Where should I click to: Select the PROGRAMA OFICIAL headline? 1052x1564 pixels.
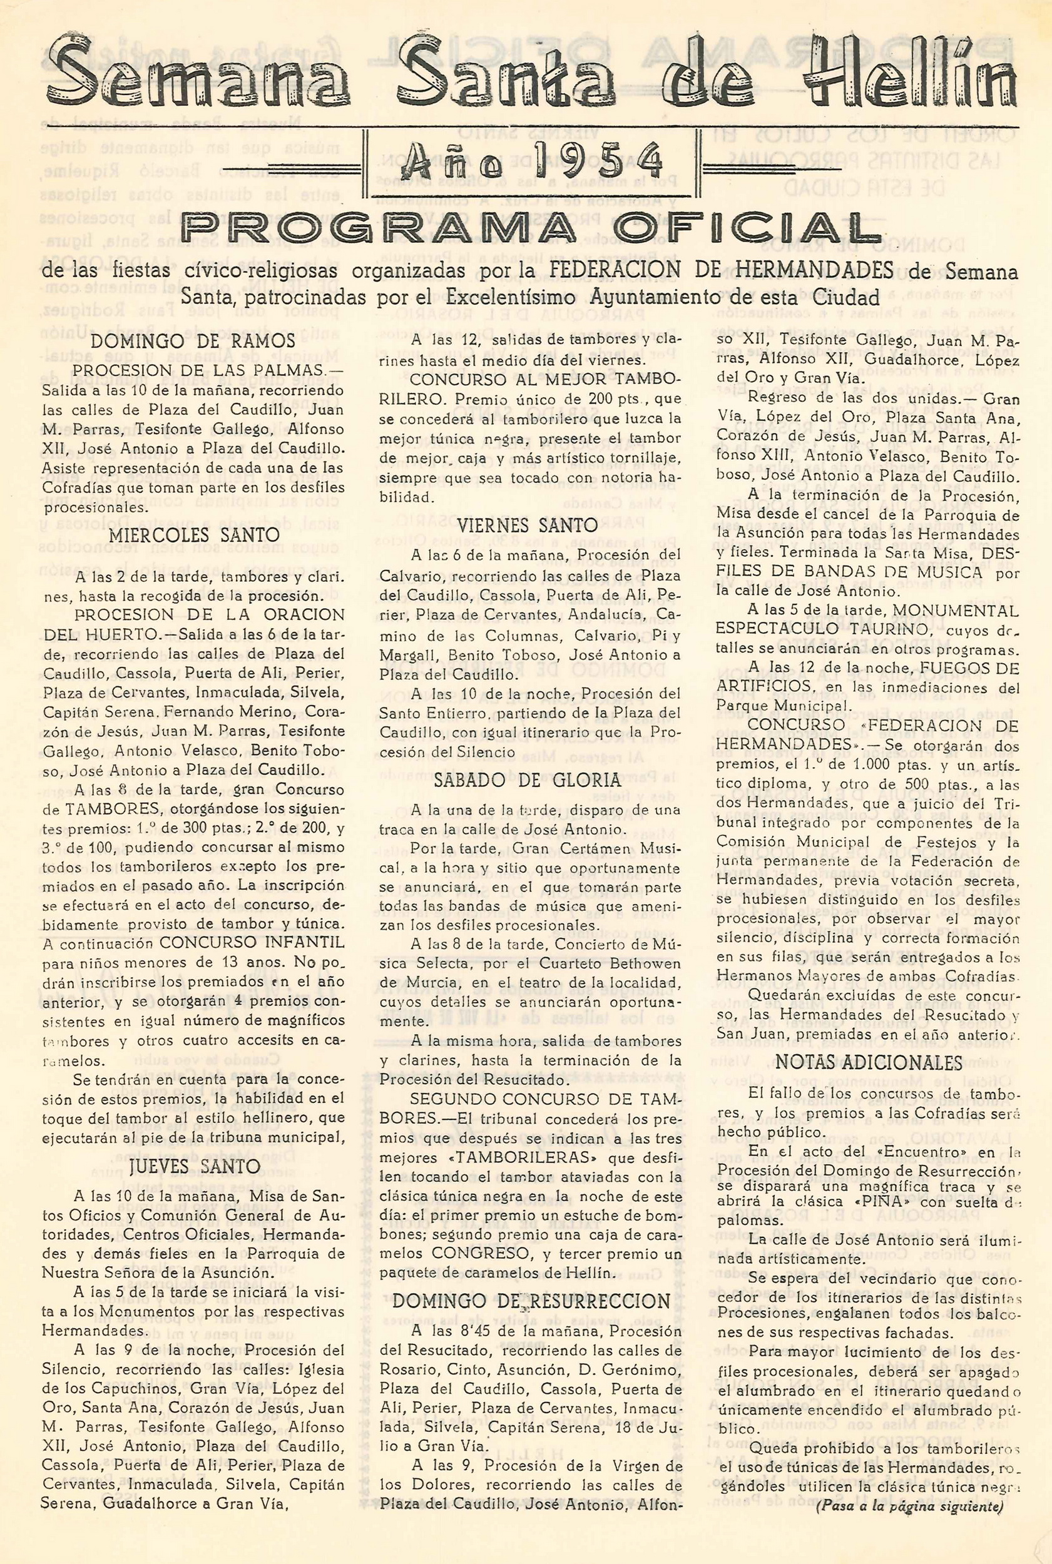pyautogui.click(x=530, y=230)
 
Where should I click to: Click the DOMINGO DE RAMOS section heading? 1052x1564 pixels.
pyautogui.click(x=193, y=341)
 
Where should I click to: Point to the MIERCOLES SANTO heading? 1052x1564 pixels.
pyautogui.click(x=194, y=535)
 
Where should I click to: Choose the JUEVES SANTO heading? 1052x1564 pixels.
pyautogui.click(x=194, y=1166)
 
